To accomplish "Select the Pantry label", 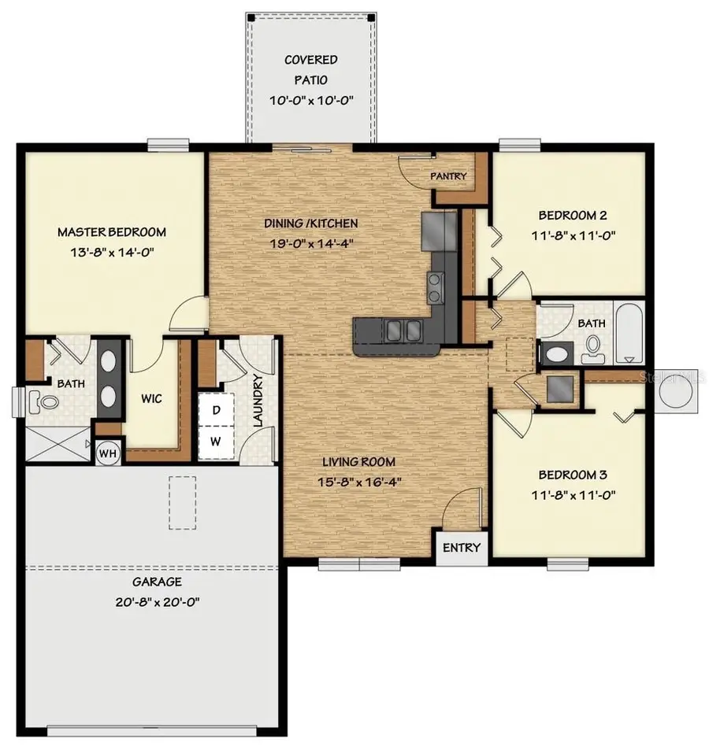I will tap(448, 176).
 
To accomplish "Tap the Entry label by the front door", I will tap(461, 548).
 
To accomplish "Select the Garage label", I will tap(157, 582).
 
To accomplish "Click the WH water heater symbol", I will tap(107, 453).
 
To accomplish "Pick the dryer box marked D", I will tap(214, 409).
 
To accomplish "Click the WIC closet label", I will tap(152, 399).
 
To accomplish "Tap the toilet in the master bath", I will tap(43, 403).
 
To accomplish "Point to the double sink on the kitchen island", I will tap(398, 331).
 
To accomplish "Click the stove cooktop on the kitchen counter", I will tap(435, 286).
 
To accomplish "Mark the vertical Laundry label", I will tap(257, 401).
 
